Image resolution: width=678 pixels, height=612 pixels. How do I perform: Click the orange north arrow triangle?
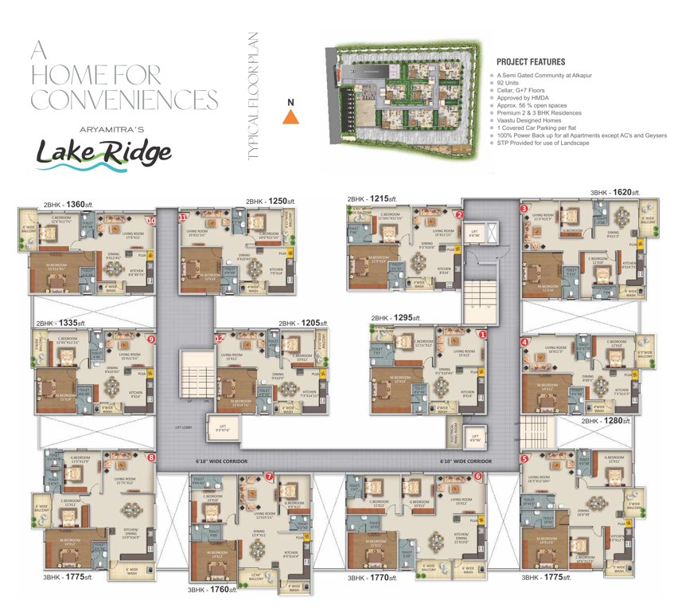(291, 116)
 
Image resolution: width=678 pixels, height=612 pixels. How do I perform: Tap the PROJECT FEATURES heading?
(531, 61)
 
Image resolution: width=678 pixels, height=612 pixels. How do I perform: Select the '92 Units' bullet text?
(513, 83)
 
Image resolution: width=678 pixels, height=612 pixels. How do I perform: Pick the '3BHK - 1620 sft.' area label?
(615, 193)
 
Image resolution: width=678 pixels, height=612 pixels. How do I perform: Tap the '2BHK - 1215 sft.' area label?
(372, 198)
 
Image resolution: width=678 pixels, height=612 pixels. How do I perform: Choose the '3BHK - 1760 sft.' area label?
(212, 590)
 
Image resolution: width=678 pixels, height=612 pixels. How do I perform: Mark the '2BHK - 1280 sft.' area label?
(606, 420)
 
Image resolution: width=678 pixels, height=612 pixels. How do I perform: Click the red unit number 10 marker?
(152, 220)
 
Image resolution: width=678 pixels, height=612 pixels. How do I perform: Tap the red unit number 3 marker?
(524, 209)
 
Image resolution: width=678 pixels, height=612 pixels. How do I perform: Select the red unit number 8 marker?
(151, 457)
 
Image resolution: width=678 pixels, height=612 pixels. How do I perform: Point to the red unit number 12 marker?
(219, 339)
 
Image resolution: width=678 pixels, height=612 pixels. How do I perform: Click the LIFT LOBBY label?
(186, 427)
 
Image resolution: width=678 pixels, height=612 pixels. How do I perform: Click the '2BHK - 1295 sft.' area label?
(396, 317)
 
